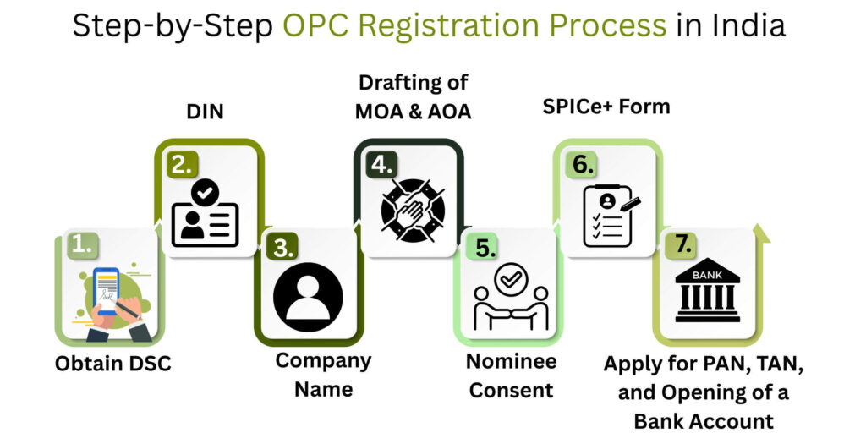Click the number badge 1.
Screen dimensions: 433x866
coord(81,245)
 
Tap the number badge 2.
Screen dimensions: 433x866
coord(181,164)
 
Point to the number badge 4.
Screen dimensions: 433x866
coord(381,164)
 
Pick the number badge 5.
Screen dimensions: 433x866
coord(480,247)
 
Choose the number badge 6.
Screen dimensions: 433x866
coord(580,164)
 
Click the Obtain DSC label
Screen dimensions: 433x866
coord(112,364)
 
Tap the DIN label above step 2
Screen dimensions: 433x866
coord(204,111)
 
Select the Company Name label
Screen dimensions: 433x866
coord(323,375)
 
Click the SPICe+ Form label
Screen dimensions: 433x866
coord(606,107)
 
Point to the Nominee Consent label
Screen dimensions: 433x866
coord(512,375)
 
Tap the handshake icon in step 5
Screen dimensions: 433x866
coord(511,298)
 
